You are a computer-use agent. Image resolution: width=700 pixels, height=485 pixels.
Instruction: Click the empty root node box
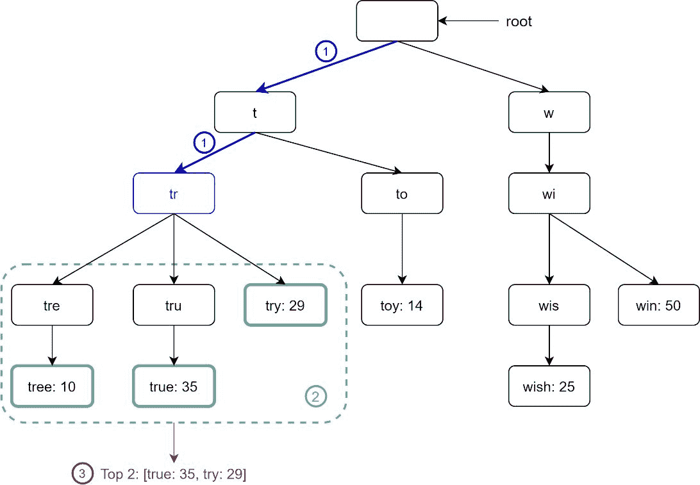tap(397, 21)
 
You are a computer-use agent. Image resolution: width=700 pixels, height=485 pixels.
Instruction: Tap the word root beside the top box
tap(519, 22)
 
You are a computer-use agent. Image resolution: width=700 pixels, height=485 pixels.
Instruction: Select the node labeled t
tap(255, 112)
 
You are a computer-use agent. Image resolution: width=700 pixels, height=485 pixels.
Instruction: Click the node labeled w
tap(549, 112)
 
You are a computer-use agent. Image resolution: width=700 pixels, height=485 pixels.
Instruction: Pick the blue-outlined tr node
tap(174, 193)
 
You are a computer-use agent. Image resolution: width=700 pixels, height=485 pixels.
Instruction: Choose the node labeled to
tap(402, 193)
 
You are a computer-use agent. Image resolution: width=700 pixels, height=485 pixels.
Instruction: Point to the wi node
tap(549, 193)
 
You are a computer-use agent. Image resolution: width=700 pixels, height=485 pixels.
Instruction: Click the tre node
tap(52, 305)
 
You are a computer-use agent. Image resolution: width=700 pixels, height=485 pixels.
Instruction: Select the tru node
tap(174, 305)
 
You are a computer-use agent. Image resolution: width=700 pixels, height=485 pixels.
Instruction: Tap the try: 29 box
tap(285, 305)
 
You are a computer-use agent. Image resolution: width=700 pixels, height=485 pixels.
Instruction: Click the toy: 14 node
tap(402, 305)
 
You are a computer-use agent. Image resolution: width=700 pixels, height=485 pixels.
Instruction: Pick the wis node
tap(549, 305)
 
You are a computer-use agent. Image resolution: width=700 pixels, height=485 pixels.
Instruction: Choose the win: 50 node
tap(658, 305)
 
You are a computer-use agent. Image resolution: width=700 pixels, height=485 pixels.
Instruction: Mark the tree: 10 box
tap(52, 386)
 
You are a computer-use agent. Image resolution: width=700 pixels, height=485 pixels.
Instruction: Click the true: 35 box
tap(174, 386)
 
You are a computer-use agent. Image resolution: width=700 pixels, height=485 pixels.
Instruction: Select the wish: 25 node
tap(549, 386)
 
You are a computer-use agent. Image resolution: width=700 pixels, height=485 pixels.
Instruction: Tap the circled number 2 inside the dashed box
tap(315, 397)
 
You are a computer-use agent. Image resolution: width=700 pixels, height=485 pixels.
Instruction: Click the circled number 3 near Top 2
tap(82, 473)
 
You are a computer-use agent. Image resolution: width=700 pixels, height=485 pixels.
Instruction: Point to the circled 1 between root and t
tap(326, 51)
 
